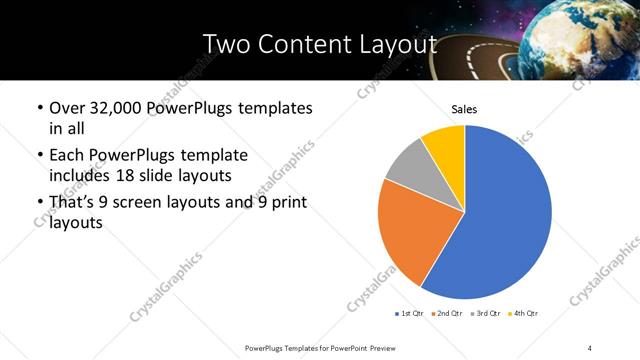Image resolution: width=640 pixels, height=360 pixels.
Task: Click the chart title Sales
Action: [x=464, y=108]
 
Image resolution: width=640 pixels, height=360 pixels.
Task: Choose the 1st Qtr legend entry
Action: [x=410, y=314]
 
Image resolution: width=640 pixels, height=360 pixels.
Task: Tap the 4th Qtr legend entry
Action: [x=525, y=314]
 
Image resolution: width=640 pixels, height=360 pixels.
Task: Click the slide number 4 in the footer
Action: [x=590, y=347]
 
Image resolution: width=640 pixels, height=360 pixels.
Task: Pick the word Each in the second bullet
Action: [x=67, y=155]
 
